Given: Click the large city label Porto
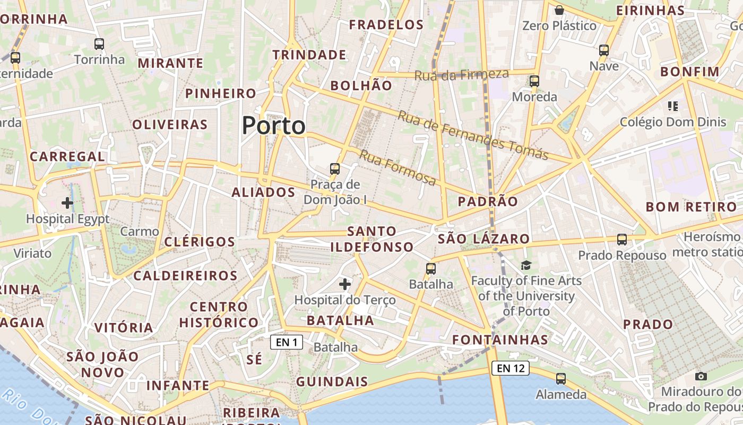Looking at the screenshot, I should pos(273,126).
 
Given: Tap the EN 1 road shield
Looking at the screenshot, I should pos(287,342).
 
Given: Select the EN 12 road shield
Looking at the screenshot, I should pos(510,368).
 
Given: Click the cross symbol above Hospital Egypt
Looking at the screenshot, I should pos(67,202).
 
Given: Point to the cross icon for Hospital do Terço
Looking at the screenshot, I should pos(345,284).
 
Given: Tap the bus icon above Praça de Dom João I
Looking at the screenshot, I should pos(334,169).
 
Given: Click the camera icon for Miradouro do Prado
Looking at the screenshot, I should pos(701,376).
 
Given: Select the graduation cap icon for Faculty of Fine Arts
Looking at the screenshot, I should pos(526,265).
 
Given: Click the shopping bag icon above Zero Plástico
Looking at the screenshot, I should pos(559,10).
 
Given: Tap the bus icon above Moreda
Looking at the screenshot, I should pos(534,81).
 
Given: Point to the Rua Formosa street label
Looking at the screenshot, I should pos(398,168).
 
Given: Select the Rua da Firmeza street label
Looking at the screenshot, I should pos(461,75).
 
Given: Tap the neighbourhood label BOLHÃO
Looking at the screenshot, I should pos(361,86).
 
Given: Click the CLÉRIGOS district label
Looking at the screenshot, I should pos(200,242).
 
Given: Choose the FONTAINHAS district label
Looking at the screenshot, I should pos(500,340).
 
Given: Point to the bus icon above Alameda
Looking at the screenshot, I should pos(560,379).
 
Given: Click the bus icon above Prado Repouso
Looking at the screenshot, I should pos(621,240).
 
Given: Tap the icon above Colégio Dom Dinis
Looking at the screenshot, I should pos(673,106).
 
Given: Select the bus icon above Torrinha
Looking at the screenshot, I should pos(99,44).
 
